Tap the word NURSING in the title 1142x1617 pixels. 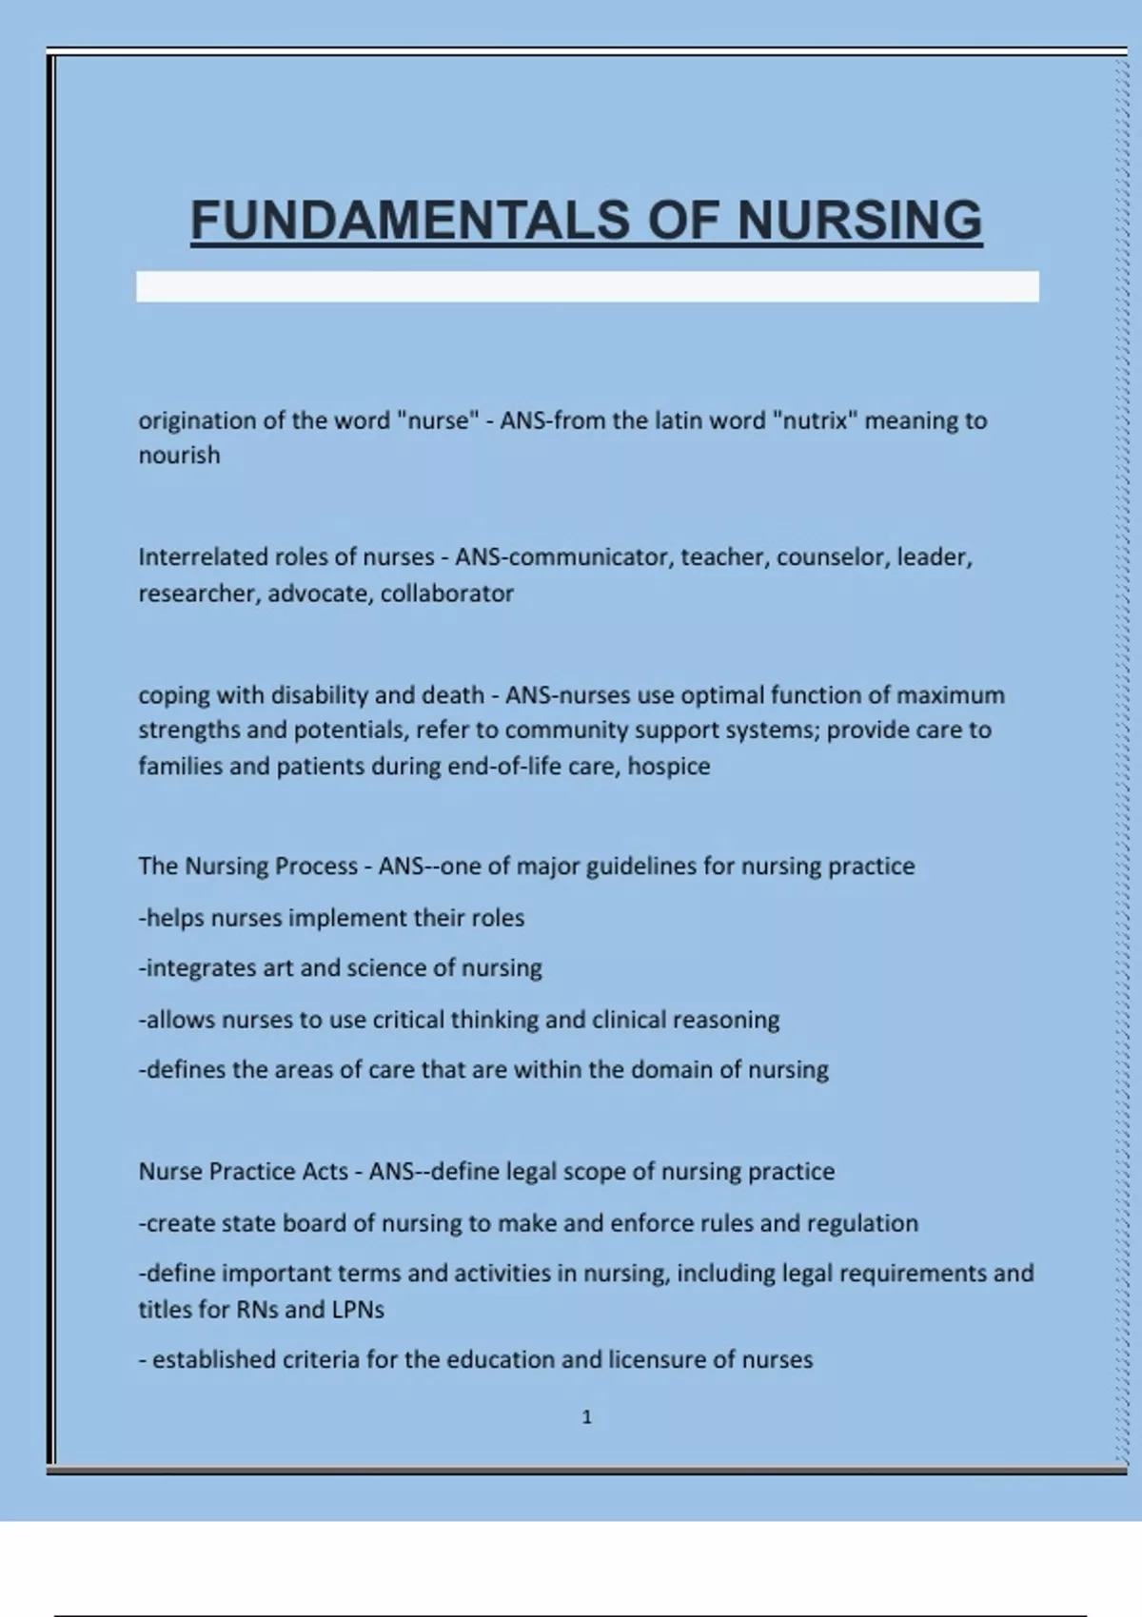pos(859,221)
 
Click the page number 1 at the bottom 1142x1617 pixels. pos(586,1417)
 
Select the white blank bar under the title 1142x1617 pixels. pos(587,286)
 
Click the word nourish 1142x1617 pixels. pos(179,456)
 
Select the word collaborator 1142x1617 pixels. pos(447,594)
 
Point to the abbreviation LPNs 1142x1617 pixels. pos(358,1310)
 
